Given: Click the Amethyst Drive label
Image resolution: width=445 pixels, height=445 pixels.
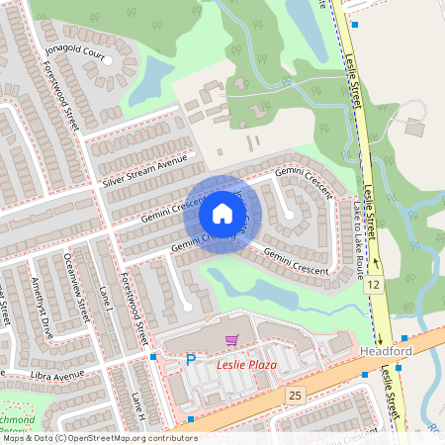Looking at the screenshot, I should coord(43,297).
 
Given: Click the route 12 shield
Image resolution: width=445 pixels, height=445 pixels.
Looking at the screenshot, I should coord(374,286).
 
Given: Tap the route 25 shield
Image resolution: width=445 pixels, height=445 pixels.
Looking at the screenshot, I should coord(294,396).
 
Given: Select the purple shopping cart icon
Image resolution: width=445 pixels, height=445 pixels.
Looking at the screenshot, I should coord(231,340).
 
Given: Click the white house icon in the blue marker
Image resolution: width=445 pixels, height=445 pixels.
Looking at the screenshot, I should coord(219,215).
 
